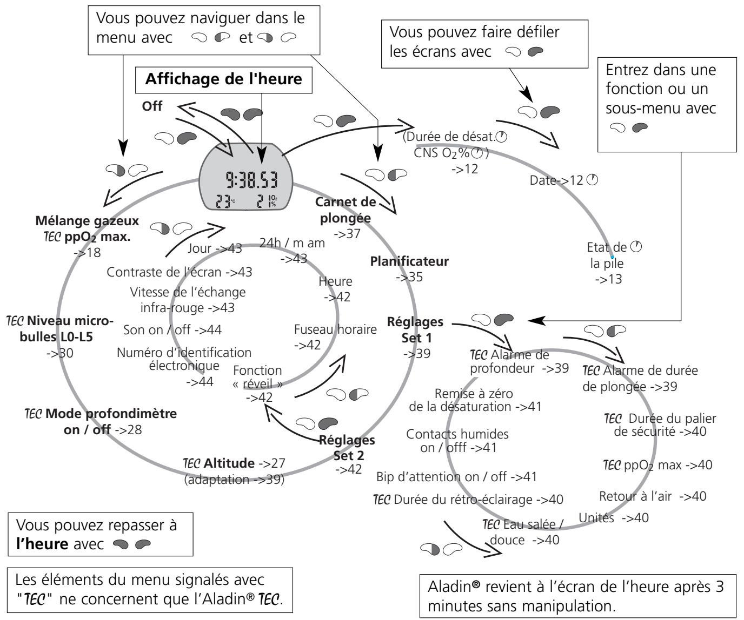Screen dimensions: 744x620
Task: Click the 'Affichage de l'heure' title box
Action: pyautogui.click(x=223, y=80)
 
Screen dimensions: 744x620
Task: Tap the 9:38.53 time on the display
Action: pyautogui.click(x=251, y=180)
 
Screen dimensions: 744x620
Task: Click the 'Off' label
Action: pyautogui.click(x=152, y=106)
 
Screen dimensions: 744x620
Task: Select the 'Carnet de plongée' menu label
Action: pyautogui.click(x=346, y=210)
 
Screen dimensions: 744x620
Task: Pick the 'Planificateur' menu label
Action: pyautogui.click(x=409, y=261)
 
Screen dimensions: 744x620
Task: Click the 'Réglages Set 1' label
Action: pyautogui.click(x=415, y=329)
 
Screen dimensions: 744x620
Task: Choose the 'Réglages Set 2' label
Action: pyautogui.click(x=348, y=448)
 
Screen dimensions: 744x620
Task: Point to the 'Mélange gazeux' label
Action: pyautogui.click(x=87, y=221)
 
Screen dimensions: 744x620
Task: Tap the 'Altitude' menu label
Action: pyautogui.click(x=229, y=463)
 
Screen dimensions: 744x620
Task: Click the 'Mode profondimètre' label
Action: pyautogui.click(x=111, y=414)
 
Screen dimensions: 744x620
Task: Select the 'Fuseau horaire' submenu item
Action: pyautogui.click(x=335, y=329)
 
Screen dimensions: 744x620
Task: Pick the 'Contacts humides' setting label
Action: pyautogui.click(x=457, y=434)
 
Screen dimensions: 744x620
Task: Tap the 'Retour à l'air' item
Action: pyautogui.click(x=635, y=496)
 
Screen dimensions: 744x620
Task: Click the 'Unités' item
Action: pyautogui.click(x=596, y=518)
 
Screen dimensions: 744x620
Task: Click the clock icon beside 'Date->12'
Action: pyautogui.click(x=592, y=180)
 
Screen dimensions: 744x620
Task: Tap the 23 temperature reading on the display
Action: pyautogui.click(x=223, y=201)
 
